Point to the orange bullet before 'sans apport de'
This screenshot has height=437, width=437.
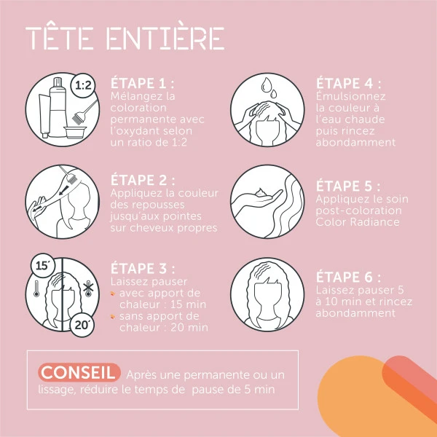(x=112, y=316)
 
